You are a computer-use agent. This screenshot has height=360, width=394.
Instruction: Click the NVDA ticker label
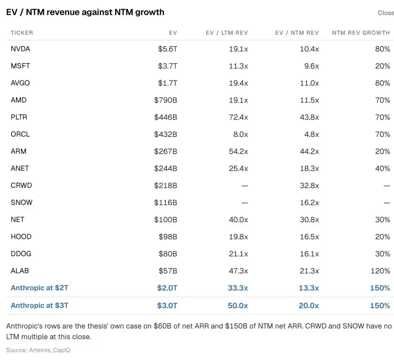coord(20,49)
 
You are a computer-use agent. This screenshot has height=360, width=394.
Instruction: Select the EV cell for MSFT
coord(167,66)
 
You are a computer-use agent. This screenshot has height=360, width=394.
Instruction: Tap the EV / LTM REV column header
coord(227,33)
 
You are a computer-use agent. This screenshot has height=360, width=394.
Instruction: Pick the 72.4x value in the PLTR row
coord(238,117)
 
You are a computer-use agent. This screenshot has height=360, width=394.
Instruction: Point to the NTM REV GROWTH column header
coord(361,33)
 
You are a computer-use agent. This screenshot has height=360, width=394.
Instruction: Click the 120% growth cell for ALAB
coord(381,271)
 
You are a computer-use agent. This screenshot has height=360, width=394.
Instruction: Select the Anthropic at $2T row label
coord(39,288)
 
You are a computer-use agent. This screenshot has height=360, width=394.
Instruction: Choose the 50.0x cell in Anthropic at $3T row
coord(238,306)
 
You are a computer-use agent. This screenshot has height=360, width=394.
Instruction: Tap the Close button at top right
coord(386,13)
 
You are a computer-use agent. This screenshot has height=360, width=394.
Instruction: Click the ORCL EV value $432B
coord(166,134)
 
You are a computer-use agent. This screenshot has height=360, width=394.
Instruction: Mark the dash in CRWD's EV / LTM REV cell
coord(245,186)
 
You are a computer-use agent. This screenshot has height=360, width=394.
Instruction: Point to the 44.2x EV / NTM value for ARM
coord(309,152)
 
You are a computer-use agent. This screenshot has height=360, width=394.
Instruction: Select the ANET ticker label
coord(20,168)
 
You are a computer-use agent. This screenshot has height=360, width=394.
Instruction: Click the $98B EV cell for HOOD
coord(168,237)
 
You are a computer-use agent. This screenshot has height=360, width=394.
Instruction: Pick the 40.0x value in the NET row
coord(238,219)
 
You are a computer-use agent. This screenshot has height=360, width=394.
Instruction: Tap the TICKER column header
coord(22,33)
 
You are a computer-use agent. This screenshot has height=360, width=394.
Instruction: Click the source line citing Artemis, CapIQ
coord(38,350)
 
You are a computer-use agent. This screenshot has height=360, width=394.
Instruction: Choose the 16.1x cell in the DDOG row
coord(309,254)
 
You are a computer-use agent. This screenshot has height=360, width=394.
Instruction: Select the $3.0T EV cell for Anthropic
coord(167,306)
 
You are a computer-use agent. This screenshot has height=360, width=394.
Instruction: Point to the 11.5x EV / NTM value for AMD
coord(309,100)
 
